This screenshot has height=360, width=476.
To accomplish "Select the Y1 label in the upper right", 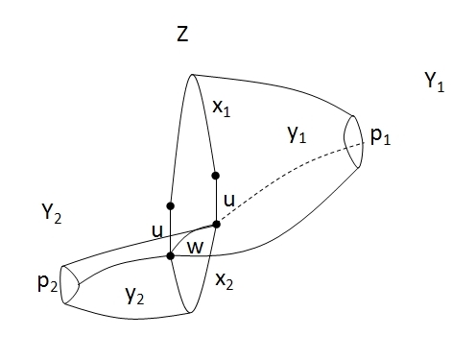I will pos(434,84).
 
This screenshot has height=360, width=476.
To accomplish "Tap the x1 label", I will pos(221,110).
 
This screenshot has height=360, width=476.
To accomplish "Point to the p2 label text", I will pos(45,284).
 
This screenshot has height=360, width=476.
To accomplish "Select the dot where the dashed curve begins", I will pos(217,225).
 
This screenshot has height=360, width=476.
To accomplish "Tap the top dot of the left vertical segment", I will pos(170,205).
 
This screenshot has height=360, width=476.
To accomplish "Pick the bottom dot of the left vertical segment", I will pos(170,255).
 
